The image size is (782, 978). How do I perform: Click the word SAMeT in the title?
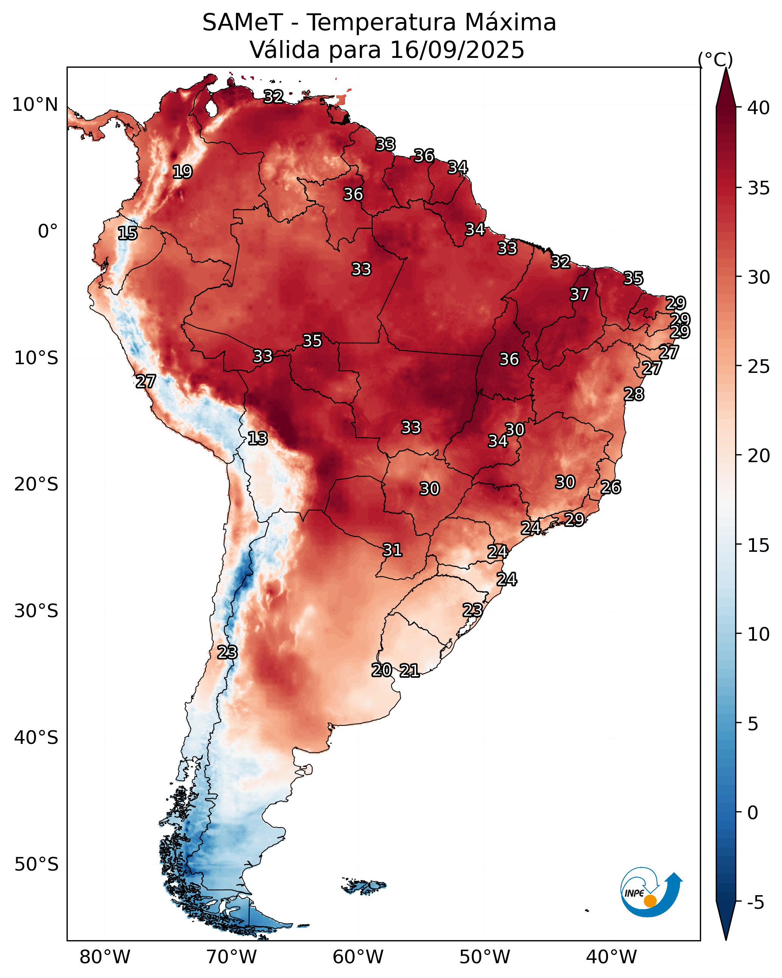click(x=243, y=23)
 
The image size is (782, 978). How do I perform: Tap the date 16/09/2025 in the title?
click(x=457, y=50)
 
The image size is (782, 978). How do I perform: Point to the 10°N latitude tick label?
click(x=35, y=105)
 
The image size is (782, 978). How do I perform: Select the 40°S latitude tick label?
click(x=36, y=737)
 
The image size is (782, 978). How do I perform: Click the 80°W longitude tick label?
click(x=105, y=957)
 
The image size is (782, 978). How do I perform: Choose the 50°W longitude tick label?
click(x=485, y=957)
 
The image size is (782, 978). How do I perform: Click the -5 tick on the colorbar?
click(x=755, y=903)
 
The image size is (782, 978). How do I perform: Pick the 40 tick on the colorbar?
click(x=759, y=108)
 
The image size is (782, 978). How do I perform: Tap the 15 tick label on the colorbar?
click(x=759, y=545)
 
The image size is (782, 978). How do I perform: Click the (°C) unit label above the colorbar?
click(x=715, y=59)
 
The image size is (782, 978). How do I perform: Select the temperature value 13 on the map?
click(x=257, y=439)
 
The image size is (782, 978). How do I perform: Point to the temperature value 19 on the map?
click(x=182, y=172)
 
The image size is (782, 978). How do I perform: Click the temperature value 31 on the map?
click(x=392, y=550)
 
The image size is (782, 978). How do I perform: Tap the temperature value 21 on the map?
click(x=409, y=671)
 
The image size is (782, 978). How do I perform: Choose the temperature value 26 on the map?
click(x=611, y=487)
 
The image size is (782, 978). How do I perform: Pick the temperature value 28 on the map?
click(x=634, y=394)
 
